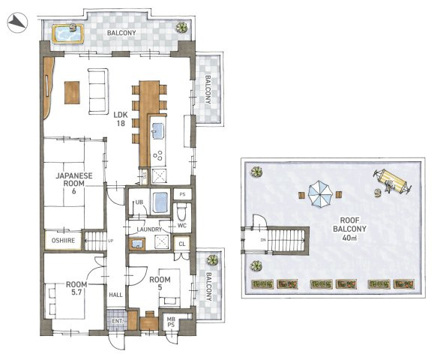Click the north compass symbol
17,22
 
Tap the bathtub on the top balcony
67,34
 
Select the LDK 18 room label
121,118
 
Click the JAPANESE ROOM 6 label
74,183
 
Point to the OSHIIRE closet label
64,240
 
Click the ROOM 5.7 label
76,288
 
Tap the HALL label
115,295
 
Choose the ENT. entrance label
118,322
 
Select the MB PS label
171,322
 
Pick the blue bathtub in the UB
160,203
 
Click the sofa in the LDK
98,91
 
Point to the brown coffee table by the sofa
72,92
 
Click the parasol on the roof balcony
319,193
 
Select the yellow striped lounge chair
391,181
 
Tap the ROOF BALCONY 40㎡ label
349,229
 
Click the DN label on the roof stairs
262,240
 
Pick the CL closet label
182,244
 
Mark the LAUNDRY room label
149,229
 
